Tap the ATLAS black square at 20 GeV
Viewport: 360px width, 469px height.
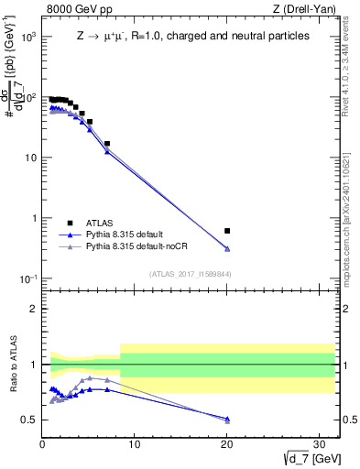coord(227,231)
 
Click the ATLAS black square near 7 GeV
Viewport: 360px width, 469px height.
coord(107,144)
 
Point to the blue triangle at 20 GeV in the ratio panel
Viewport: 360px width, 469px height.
coord(227,419)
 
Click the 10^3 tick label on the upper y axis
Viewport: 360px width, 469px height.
coord(28,37)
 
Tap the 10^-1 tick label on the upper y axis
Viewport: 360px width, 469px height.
coord(28,278)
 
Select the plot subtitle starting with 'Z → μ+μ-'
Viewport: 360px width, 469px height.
coord(192,37)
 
